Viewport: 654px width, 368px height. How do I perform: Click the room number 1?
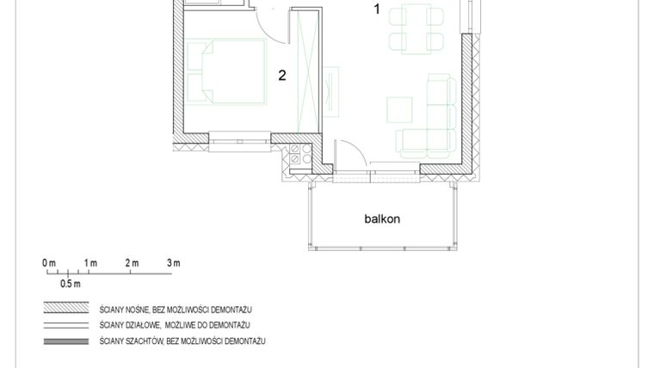point(376,9)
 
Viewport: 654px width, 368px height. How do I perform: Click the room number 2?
point(282,75)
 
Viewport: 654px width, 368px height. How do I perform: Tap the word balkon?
point(382,218)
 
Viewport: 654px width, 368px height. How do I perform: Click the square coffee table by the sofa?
point(399,109)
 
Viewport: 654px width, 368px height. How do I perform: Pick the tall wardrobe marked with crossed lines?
point(307,70)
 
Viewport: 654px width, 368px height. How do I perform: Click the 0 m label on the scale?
point(49,263)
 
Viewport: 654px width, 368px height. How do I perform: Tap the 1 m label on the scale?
point(90,263)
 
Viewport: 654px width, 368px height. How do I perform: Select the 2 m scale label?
point(132,263)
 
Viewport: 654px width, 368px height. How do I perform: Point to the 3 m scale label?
point(173,263)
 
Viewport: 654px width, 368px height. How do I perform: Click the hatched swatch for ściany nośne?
point(67,308)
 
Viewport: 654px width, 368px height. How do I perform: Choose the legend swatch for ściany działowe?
point(67,325)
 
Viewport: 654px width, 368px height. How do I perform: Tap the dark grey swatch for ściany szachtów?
point(67,341)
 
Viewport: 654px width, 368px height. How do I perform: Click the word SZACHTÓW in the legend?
point(147,341)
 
